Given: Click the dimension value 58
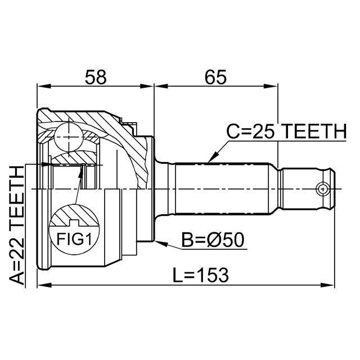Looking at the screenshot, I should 95,77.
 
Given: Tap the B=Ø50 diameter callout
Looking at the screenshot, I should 212,241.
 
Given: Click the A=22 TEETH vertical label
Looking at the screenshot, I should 19,225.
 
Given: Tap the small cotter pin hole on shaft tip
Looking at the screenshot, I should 322,188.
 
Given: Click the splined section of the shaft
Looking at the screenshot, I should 225,188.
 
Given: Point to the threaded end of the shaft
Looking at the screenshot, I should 308,188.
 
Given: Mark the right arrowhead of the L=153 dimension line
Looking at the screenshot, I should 335,285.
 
